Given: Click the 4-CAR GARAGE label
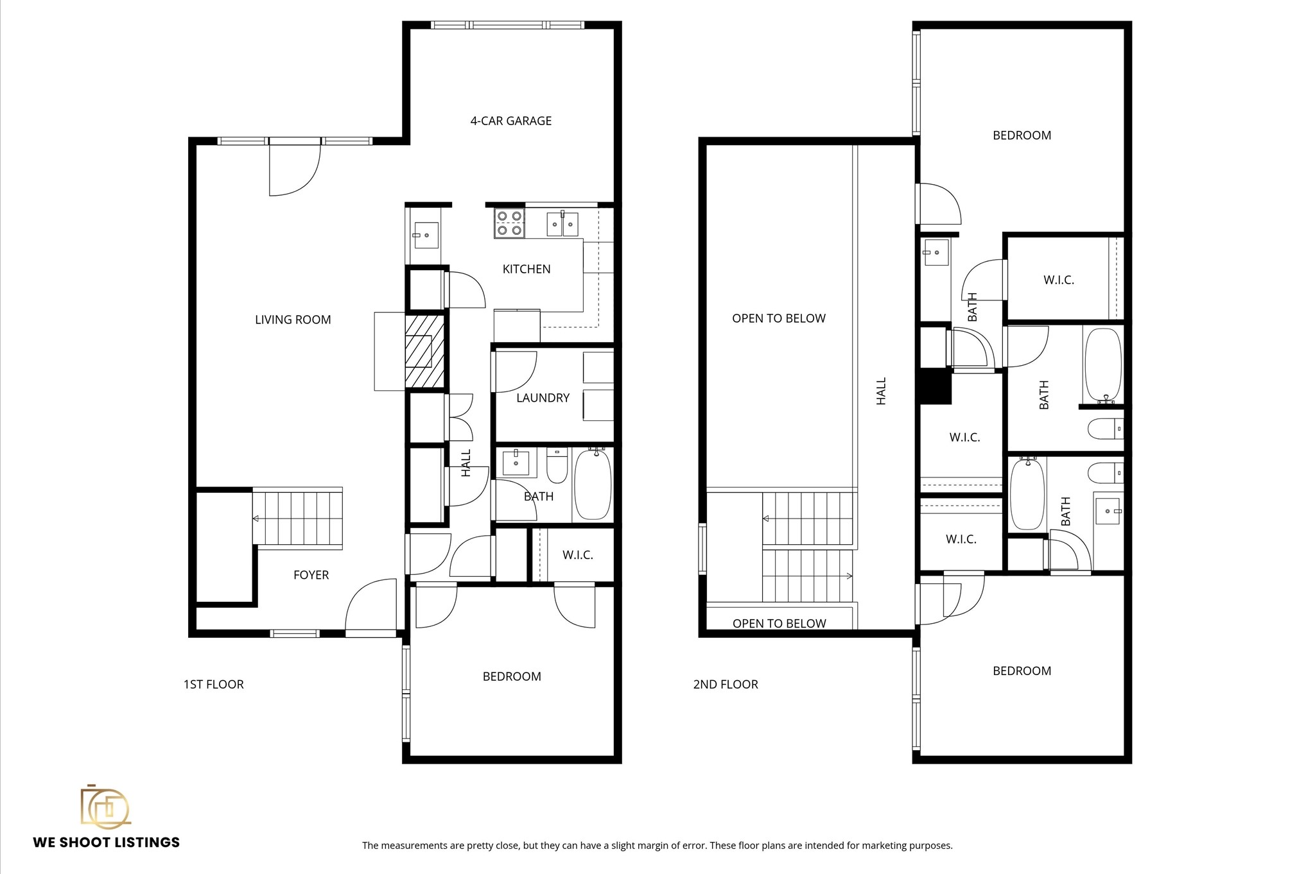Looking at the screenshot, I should [x=510, y=121].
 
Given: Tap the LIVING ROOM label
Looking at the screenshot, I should [x=293, y=320].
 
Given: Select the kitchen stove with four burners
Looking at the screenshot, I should [x=509, y=223].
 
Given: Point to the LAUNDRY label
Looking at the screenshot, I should [x=543, y=398].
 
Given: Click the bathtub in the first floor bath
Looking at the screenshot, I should [x=592, y=484].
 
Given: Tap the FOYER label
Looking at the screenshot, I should [x=311, y=575].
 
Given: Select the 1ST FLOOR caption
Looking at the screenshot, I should [x=213, y=684].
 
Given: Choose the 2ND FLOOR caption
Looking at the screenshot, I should [x=726, y=684].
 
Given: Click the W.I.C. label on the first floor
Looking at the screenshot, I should [x=577, y=555].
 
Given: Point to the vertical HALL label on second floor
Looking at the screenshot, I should [x=881, y=391].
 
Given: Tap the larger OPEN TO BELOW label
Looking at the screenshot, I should [x=778, y=318].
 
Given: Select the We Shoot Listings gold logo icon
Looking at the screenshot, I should [x=105, y=806].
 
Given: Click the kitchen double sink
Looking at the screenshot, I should [x=562, y=224].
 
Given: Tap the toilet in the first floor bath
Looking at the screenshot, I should [x=557, y=467].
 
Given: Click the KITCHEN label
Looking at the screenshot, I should [x=526, y=269].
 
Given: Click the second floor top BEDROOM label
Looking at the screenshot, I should [x=1022, y=135].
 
